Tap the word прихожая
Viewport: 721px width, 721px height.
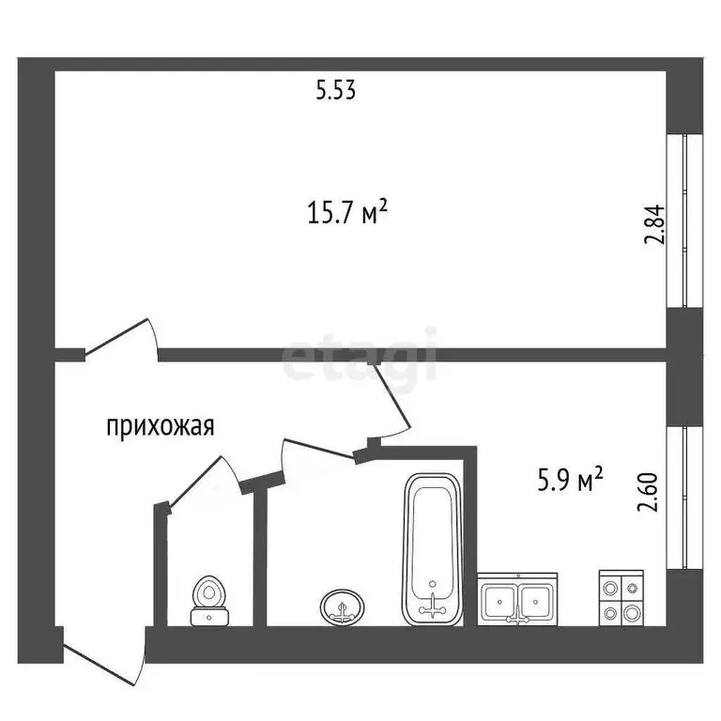(161, 426)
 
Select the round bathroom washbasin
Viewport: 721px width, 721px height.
(342, 606)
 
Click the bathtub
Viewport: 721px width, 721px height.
(432, 549)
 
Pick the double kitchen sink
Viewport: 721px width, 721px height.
(518, 598)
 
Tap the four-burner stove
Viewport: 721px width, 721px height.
(621, 599)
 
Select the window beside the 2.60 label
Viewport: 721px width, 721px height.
(684, 497)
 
